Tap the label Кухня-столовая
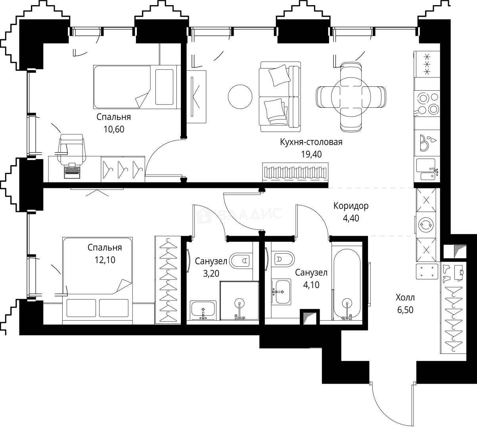[x=311, y=142]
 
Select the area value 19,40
[x=311, y=154]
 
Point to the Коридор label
[x=351, y=206]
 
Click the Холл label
[x=404, y=297]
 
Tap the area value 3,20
[x=211, y=273]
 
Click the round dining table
[x=351, y=96]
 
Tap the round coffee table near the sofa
[x=240, y=96]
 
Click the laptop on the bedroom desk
[x=72, y=170]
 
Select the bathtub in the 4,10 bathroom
[x=347, y=283]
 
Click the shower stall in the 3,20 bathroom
[x=239, y=300]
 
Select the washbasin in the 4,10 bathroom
[x=281, y=292]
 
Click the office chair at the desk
[x=72, y=148]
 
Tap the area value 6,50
[x=404, y=310]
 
